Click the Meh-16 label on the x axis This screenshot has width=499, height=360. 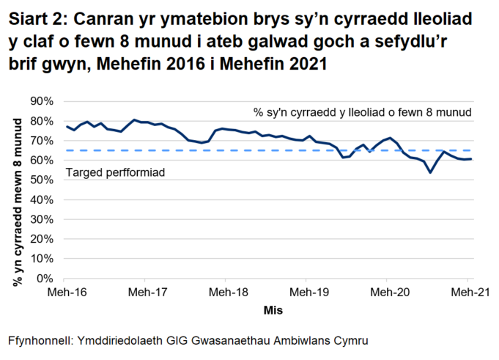pos(64,293)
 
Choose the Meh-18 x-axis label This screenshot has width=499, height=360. pos(226,293)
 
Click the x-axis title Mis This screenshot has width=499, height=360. pos(274,310)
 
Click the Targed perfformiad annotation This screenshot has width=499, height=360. pos(116,172)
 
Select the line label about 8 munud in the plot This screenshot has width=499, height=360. pos(362,112)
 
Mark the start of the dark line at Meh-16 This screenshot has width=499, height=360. pos(66,126)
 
